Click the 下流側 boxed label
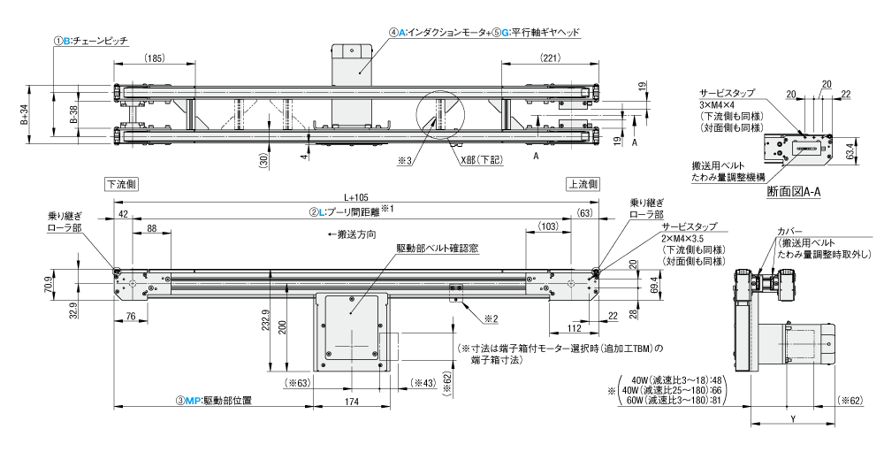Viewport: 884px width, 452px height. (x=121, y=184)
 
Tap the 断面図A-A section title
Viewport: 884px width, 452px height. (x=795, y=191)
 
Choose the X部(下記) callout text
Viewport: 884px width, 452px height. (x=479, y=162)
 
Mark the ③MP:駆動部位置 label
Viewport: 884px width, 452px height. (x=215, y=402)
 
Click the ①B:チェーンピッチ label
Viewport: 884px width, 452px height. (x=91, y=40)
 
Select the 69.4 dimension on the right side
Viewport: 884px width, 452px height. (x=654, y=288)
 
